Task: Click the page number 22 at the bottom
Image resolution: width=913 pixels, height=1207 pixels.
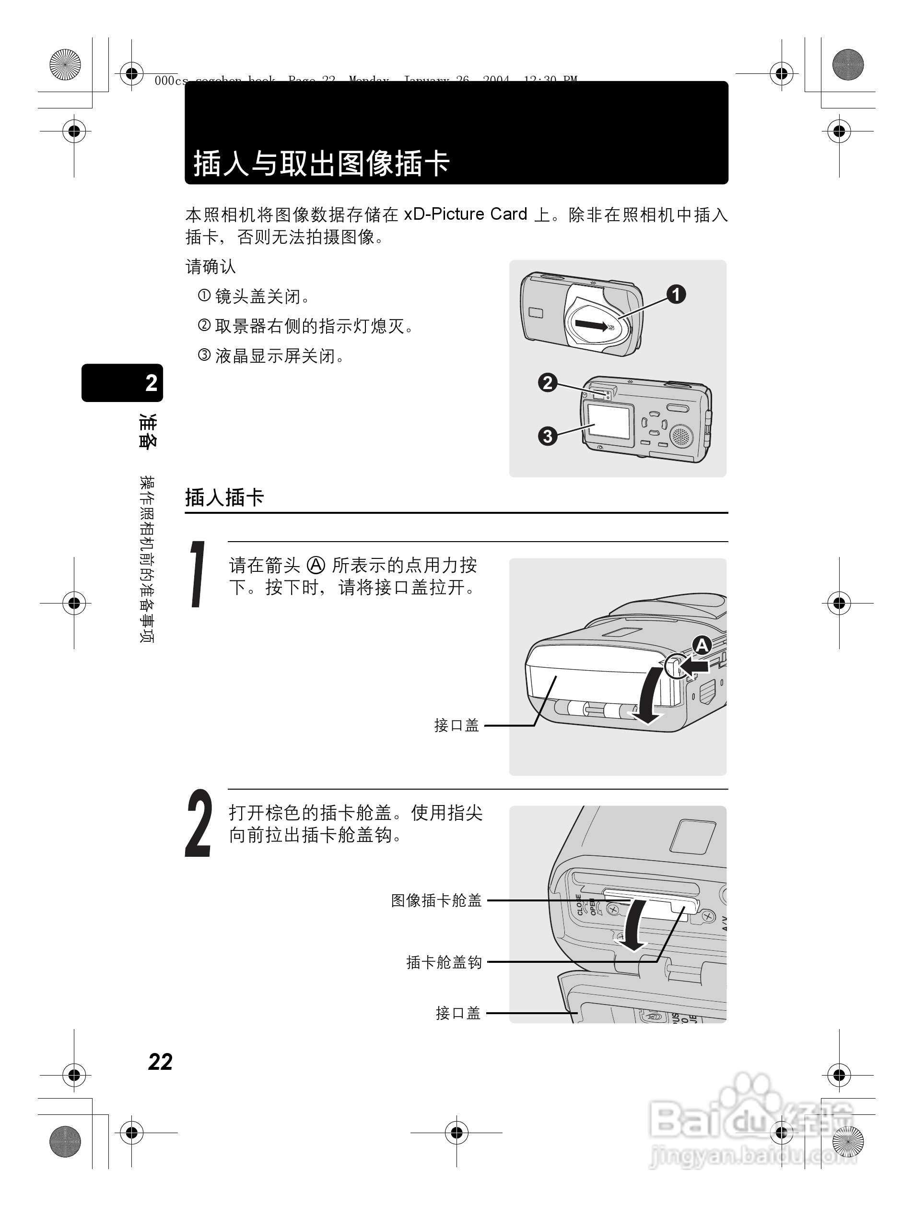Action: pos(160,1062)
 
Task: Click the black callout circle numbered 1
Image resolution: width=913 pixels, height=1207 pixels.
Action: pos(676,295)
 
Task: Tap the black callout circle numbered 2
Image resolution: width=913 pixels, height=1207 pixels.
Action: pos(548,382)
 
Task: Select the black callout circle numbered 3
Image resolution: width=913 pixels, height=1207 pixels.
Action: pos(548,436)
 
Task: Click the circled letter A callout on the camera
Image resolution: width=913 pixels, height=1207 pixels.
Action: pos(702,646)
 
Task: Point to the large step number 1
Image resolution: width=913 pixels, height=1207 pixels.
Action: pos(199,574)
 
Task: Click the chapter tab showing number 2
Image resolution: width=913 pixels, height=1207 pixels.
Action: pos(123,383)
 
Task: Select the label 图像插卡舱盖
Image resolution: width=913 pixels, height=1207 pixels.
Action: pos(436,900)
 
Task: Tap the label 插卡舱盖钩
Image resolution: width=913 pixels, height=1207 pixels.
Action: pos(444,962)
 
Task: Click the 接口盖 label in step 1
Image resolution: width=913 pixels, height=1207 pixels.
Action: pos(456,725)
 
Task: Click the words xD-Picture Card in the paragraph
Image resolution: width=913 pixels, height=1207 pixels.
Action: pos(465,214)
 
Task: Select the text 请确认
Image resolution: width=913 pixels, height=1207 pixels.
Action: pos(211,267)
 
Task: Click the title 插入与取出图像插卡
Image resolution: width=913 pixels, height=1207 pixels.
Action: pos(322,163)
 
